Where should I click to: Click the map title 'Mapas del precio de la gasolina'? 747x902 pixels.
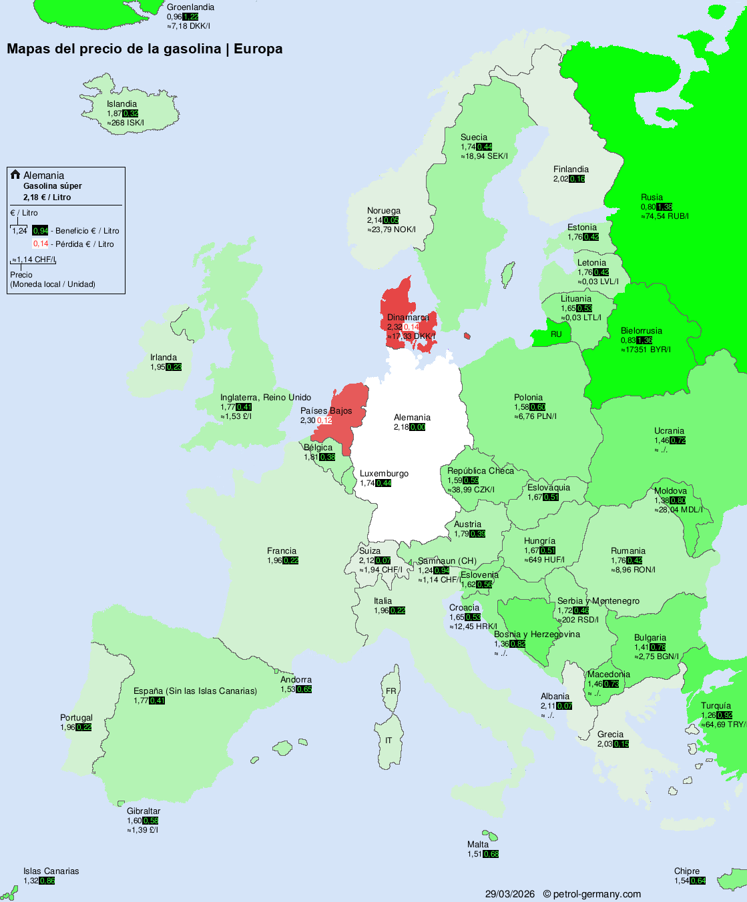[x=113, y=49]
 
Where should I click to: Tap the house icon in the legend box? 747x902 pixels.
[x=15, y=175]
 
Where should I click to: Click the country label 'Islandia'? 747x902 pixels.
[x=121, y=104]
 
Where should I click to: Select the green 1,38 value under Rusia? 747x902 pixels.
[x=664, y=207]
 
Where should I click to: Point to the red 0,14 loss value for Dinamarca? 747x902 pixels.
[x=411, y=327]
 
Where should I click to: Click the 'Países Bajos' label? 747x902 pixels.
[x=326, y=411]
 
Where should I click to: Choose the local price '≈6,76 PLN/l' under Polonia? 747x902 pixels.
[x=535, y=416]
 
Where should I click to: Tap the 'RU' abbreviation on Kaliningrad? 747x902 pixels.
[x=556, y=334]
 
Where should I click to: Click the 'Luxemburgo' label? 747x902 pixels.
[x=384, y=474]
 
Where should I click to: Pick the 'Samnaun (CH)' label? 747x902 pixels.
[x=447, y=561]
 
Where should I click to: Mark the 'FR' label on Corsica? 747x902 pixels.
[x=391, y=691]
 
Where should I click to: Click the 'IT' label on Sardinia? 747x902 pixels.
[x=389, y=741]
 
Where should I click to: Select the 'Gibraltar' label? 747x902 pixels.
[x=144, y=811]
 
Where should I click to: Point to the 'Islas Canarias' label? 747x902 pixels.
[x=51, y=871]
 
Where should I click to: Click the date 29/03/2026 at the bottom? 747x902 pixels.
[x=510, y=894]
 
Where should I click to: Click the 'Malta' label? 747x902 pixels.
[x=478, y=845]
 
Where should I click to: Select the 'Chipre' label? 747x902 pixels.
[x=687, y=871]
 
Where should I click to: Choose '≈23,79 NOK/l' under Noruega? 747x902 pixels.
[x=391, y=230]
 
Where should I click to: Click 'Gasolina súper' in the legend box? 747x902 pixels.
[x=53, y=186]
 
